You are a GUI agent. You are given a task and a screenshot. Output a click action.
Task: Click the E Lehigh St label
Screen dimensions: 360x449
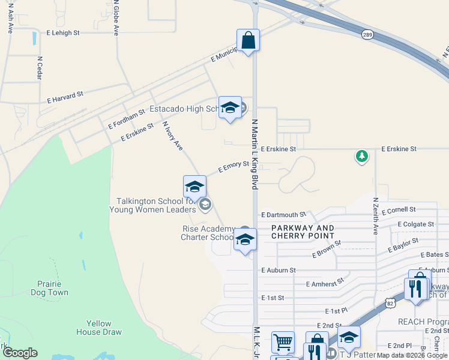[62, 33]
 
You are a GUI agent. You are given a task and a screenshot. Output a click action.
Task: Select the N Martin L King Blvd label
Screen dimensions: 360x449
[255, 154]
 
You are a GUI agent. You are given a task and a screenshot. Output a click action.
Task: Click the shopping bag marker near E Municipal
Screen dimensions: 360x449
[248, 41]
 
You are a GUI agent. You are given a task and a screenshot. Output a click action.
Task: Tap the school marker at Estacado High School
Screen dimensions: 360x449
[229, 109]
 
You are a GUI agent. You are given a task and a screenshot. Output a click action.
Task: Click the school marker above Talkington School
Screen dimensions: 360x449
[194, 188]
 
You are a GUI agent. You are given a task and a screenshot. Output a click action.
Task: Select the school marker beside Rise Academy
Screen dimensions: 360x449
[244, 241]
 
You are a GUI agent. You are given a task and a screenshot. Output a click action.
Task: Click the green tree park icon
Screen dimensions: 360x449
[361, 157]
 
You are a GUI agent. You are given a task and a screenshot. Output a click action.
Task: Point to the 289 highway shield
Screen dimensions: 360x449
[367, 35]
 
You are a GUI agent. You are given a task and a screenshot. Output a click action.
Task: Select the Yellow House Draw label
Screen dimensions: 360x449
[99, 328]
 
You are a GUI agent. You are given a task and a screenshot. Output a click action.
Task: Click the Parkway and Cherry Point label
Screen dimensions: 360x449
[303, 232]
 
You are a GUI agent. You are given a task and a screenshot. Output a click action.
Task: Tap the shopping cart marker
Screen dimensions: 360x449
[283, 343]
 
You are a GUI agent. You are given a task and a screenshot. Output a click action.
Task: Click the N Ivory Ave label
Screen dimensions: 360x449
[172, 136]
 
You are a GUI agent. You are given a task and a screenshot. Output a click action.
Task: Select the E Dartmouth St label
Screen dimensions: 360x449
[284, 214]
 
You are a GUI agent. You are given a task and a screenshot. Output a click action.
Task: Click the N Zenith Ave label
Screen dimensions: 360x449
[375, 216]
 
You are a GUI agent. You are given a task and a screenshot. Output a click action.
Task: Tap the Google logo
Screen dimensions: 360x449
[20, 353]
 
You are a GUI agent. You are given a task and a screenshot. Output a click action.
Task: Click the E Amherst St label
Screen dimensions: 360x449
[325, 283]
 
